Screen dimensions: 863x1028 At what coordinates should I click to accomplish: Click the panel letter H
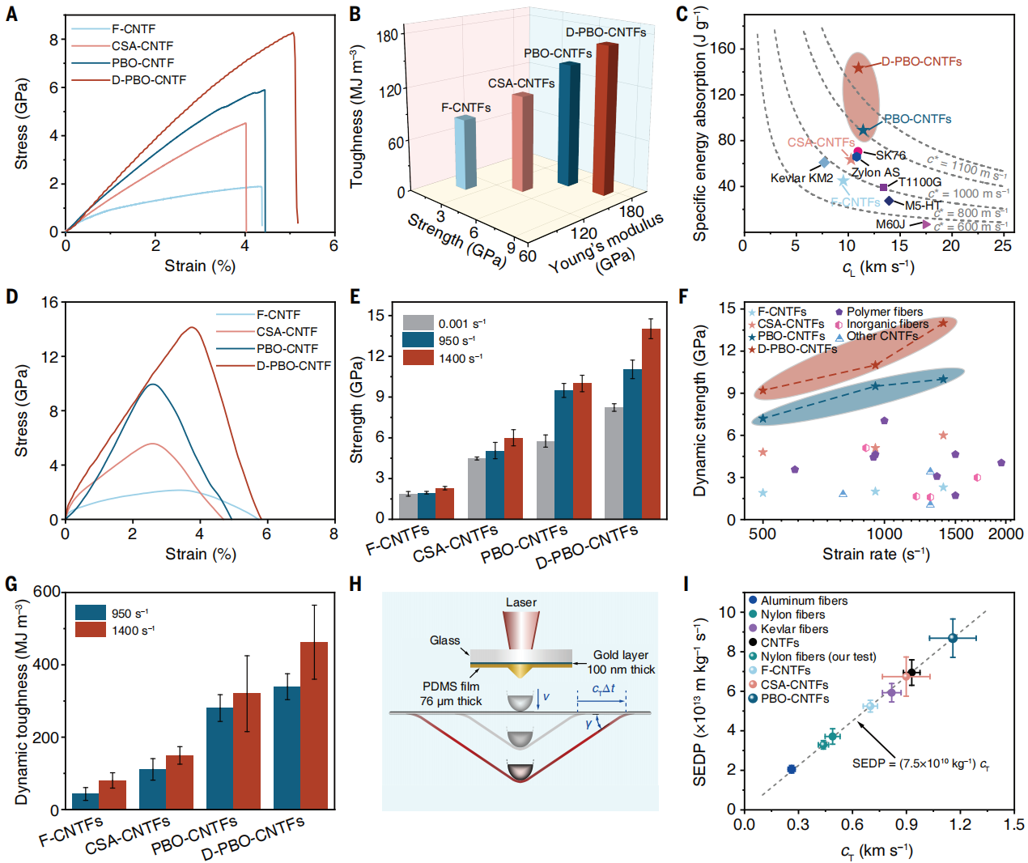tap(355, 585)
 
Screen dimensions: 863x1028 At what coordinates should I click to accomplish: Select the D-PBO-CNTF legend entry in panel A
tap(148, 80)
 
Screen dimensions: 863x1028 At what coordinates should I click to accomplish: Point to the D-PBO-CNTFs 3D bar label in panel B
tap(605, 32)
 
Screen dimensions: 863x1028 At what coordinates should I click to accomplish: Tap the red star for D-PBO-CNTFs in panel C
tap(859, 68)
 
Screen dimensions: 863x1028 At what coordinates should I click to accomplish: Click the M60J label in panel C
tap(890, 224)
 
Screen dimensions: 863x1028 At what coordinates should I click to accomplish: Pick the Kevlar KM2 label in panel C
tap(801, 178)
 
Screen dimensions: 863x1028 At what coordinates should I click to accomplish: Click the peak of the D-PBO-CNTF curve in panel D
tap(193, 328)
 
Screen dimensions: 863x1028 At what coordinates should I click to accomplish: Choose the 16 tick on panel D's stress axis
tap(50, 303)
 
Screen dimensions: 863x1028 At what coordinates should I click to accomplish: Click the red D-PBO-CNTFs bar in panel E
tap(651, 423)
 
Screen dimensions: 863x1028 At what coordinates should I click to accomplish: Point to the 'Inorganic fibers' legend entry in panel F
tap(887, 324)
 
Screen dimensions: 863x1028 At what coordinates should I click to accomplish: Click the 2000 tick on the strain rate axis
tap(1006, 534)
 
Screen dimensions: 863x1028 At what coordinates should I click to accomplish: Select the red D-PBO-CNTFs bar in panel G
tap(314, 725)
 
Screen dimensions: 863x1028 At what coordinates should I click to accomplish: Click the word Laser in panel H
tap(521, 602)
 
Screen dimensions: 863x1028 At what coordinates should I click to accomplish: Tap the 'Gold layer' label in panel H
tap(620, 655)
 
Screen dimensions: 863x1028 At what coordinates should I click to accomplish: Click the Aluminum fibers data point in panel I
tap(792, 769)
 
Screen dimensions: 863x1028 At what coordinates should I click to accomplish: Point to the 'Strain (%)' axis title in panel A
tap(200, 266)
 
